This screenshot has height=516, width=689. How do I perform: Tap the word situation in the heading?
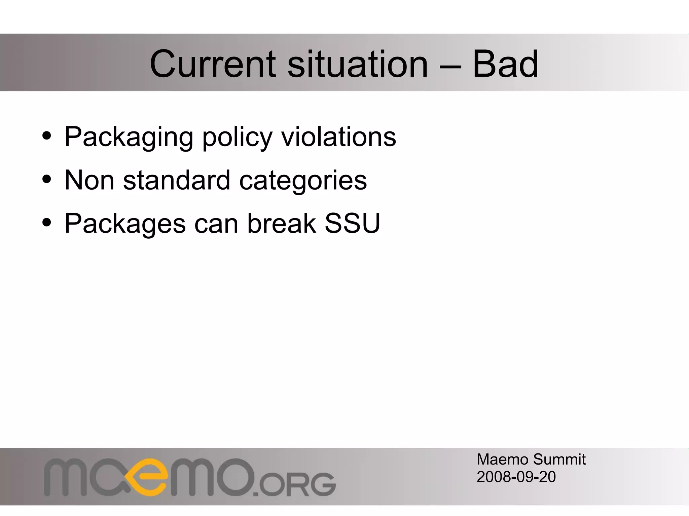(357, 64)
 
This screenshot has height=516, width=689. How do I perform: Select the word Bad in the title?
(505, 64)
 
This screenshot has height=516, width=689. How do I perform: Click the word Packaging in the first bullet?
(129, 137)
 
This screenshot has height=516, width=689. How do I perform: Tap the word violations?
(339, 136)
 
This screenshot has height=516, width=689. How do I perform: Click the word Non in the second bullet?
(89, 180)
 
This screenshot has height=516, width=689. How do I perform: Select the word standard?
(177, 180)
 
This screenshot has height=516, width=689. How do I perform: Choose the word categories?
(303, 181)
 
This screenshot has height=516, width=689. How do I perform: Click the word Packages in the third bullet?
(125, 224)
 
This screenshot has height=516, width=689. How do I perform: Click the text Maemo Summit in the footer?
(531, 460)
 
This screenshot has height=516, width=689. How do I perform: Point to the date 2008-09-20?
(516, 477)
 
